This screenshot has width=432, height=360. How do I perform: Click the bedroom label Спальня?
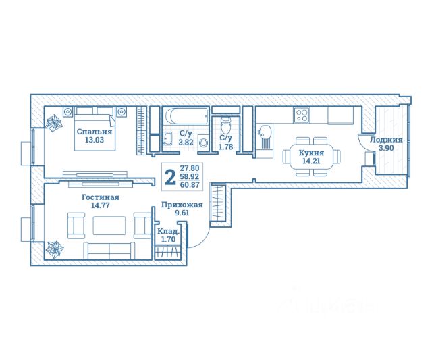pos(94,132)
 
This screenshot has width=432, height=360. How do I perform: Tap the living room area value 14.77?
pos(101,205)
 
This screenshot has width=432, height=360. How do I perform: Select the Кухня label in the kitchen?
pos(311,153)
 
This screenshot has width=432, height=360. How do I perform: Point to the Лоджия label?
pos(386,140)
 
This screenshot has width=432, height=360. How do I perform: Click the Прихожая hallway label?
pos(182,205)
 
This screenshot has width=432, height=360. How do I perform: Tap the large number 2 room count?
pos(170,177)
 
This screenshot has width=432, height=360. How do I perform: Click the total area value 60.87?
pos(190,184)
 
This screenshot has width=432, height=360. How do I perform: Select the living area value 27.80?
pos(190,168)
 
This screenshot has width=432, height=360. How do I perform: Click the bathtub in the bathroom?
pos(186,116)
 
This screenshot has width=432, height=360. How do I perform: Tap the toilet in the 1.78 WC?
pos(226,126)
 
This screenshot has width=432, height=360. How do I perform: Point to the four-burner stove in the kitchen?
pos(302,115)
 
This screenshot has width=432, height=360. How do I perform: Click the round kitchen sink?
pos(265,130)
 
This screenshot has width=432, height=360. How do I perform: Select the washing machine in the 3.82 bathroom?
pos(204,143)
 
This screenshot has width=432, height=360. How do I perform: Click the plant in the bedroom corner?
pos(54,123)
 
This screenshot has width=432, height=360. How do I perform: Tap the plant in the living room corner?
pos(55,249)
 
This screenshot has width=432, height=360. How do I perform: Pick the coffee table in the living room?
pos(109,225)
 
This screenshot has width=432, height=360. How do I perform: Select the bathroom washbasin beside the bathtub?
pos(167,138)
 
